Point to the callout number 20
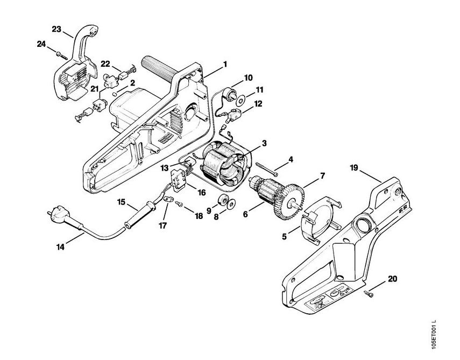click(x=393, y=279)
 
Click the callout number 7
click(x=323, y=175)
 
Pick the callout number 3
click(x=265, y=143)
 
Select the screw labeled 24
click(x=61, y=53)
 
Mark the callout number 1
click(x=225, y=64)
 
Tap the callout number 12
click(x=258, y=103)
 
